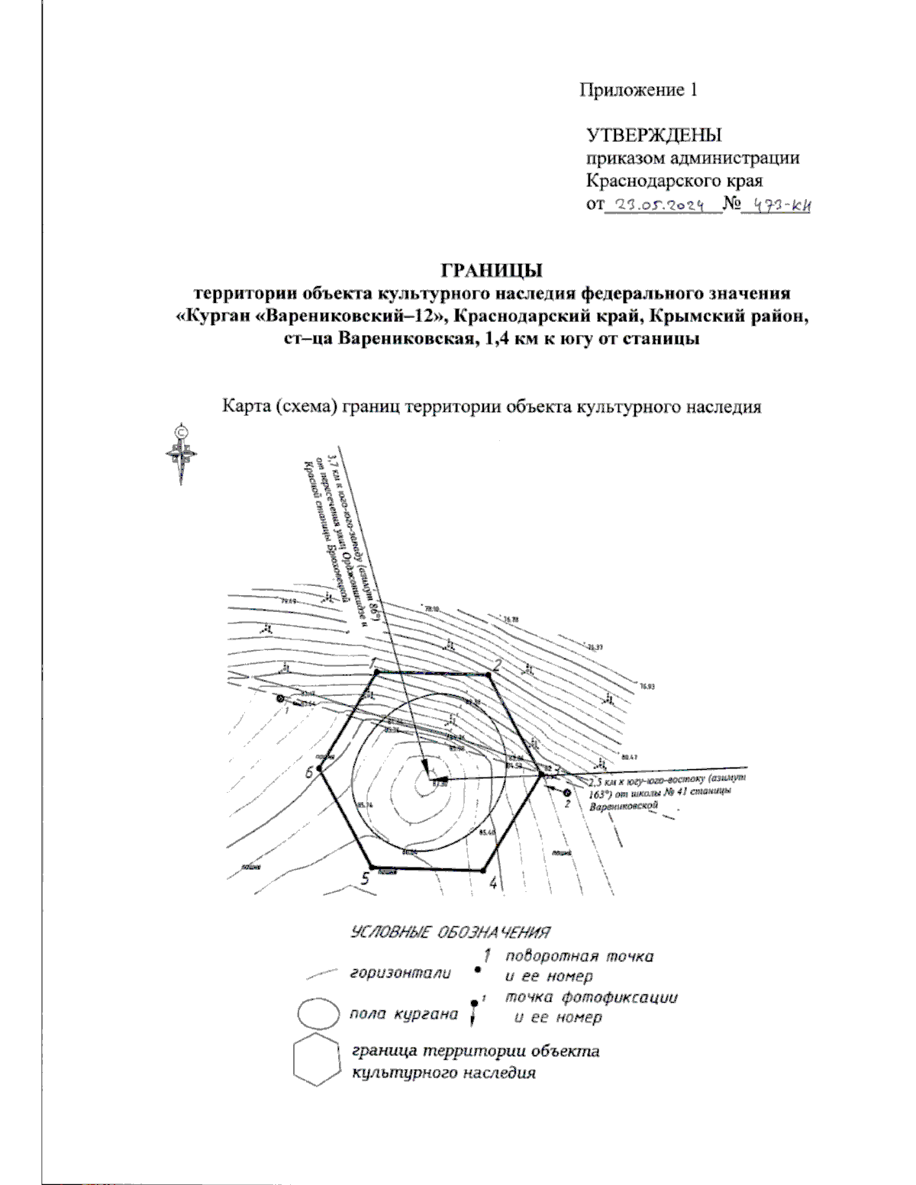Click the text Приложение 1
click(x=638, y=90)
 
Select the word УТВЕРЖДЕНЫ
click(x=653, y=135)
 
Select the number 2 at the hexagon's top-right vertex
click(x=497, y=665)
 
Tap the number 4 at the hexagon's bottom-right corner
click(x=493, y=884)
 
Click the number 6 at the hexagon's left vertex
click(x=309, y=772)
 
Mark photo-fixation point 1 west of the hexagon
click(x=280, y=699)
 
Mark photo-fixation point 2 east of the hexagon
click(x=567, y=794)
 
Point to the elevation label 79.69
click(x=288, y=602)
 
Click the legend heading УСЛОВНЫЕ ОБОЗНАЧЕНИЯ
click(x=450, y=932)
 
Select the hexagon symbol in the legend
click(x=316, y=1060)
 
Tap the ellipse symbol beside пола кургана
click(x=318, y=1014)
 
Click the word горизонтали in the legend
click(x=400, y=974)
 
